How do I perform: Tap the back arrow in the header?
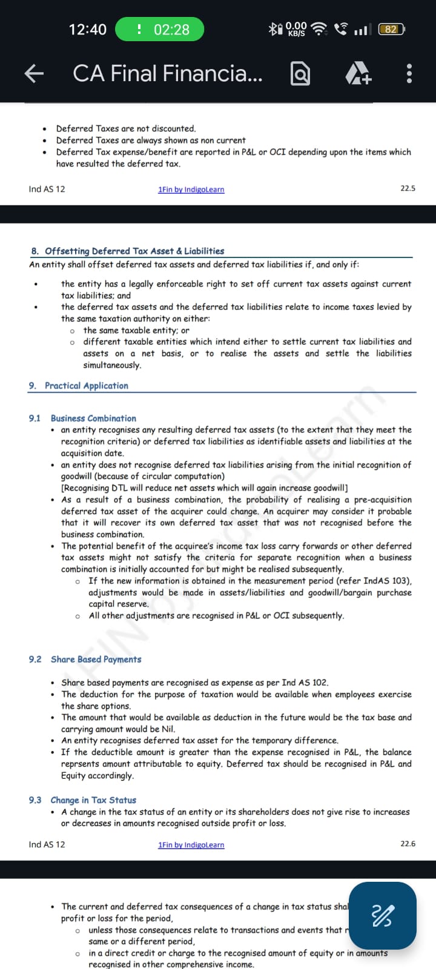coord(34,74)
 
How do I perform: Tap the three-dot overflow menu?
coord(409,74)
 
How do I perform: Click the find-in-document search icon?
coord(300,74)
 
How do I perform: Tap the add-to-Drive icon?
coord(358,74)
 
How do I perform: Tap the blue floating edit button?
coord(383,915)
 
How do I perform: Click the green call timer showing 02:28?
coord(159,29)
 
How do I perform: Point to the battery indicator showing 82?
coord(391,29)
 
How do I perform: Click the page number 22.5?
coord(408,188)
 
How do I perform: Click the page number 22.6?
coord(408,844)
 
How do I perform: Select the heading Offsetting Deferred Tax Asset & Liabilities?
coord(134,251)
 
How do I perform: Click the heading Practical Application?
coord(87,386)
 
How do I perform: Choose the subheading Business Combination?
coord(93,418)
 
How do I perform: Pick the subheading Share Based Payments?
coord(96,660)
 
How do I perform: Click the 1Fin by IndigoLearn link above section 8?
coord(191,190)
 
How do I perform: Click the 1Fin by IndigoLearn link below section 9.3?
coord(191,845)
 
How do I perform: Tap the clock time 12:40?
coord(88,29)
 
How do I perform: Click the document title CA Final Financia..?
coord(168,74)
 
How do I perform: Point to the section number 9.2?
coord(35,660)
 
